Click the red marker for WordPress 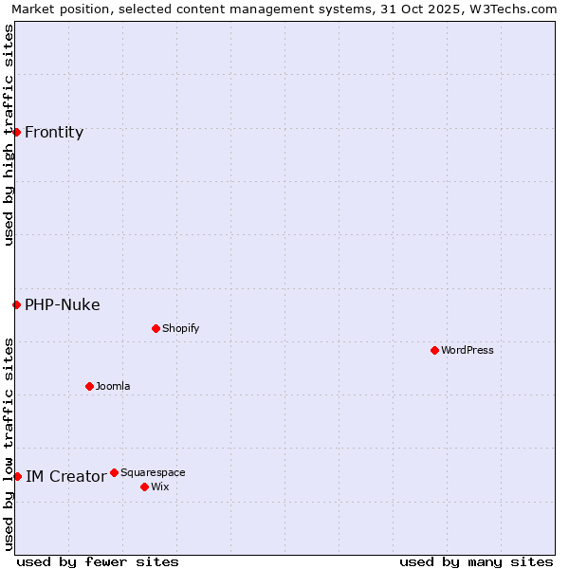[435, 350]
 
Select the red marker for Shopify [156, 328]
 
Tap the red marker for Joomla [90, 386]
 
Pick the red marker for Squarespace [115, 472]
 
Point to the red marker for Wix [145, 486]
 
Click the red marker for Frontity [17, 132]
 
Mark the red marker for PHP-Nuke [17, 304]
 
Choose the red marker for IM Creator [17, 476]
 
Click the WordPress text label [468, 350]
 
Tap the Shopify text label [181, 328]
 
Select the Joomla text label [113, 386]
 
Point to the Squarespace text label [153, 472]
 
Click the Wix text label [159, 486]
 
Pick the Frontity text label [54, 132]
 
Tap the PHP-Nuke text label [63, 304]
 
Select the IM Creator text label [65, 476]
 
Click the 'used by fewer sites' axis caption [98, 561]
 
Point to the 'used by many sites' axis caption [476, 561]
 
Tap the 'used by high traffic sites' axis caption [9, 135]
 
